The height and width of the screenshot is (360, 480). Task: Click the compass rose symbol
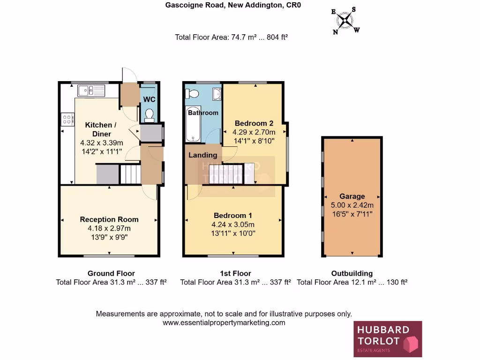[346, 20]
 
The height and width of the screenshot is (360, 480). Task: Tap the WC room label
[149, 99]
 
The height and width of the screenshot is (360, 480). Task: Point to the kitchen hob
[67, 119]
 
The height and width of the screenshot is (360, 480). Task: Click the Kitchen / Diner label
[98, 129]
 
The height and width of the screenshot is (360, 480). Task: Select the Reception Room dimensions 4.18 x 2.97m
[109, 228]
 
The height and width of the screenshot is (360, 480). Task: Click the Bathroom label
[203, 113]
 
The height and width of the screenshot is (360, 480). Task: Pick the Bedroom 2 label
[254, 123]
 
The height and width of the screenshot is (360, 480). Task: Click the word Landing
[202, 155]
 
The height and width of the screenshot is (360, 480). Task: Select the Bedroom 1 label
[233, 216]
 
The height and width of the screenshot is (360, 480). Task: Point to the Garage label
[352, 196]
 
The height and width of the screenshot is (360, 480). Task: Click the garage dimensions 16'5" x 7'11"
[352, 213]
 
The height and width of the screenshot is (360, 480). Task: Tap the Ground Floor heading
[111, 273]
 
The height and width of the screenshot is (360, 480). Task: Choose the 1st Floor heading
[235, 273]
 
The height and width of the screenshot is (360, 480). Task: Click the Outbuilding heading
[352, 273]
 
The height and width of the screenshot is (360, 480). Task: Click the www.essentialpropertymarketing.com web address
[224, 322]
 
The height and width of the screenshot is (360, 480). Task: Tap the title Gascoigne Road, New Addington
[233, 6]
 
